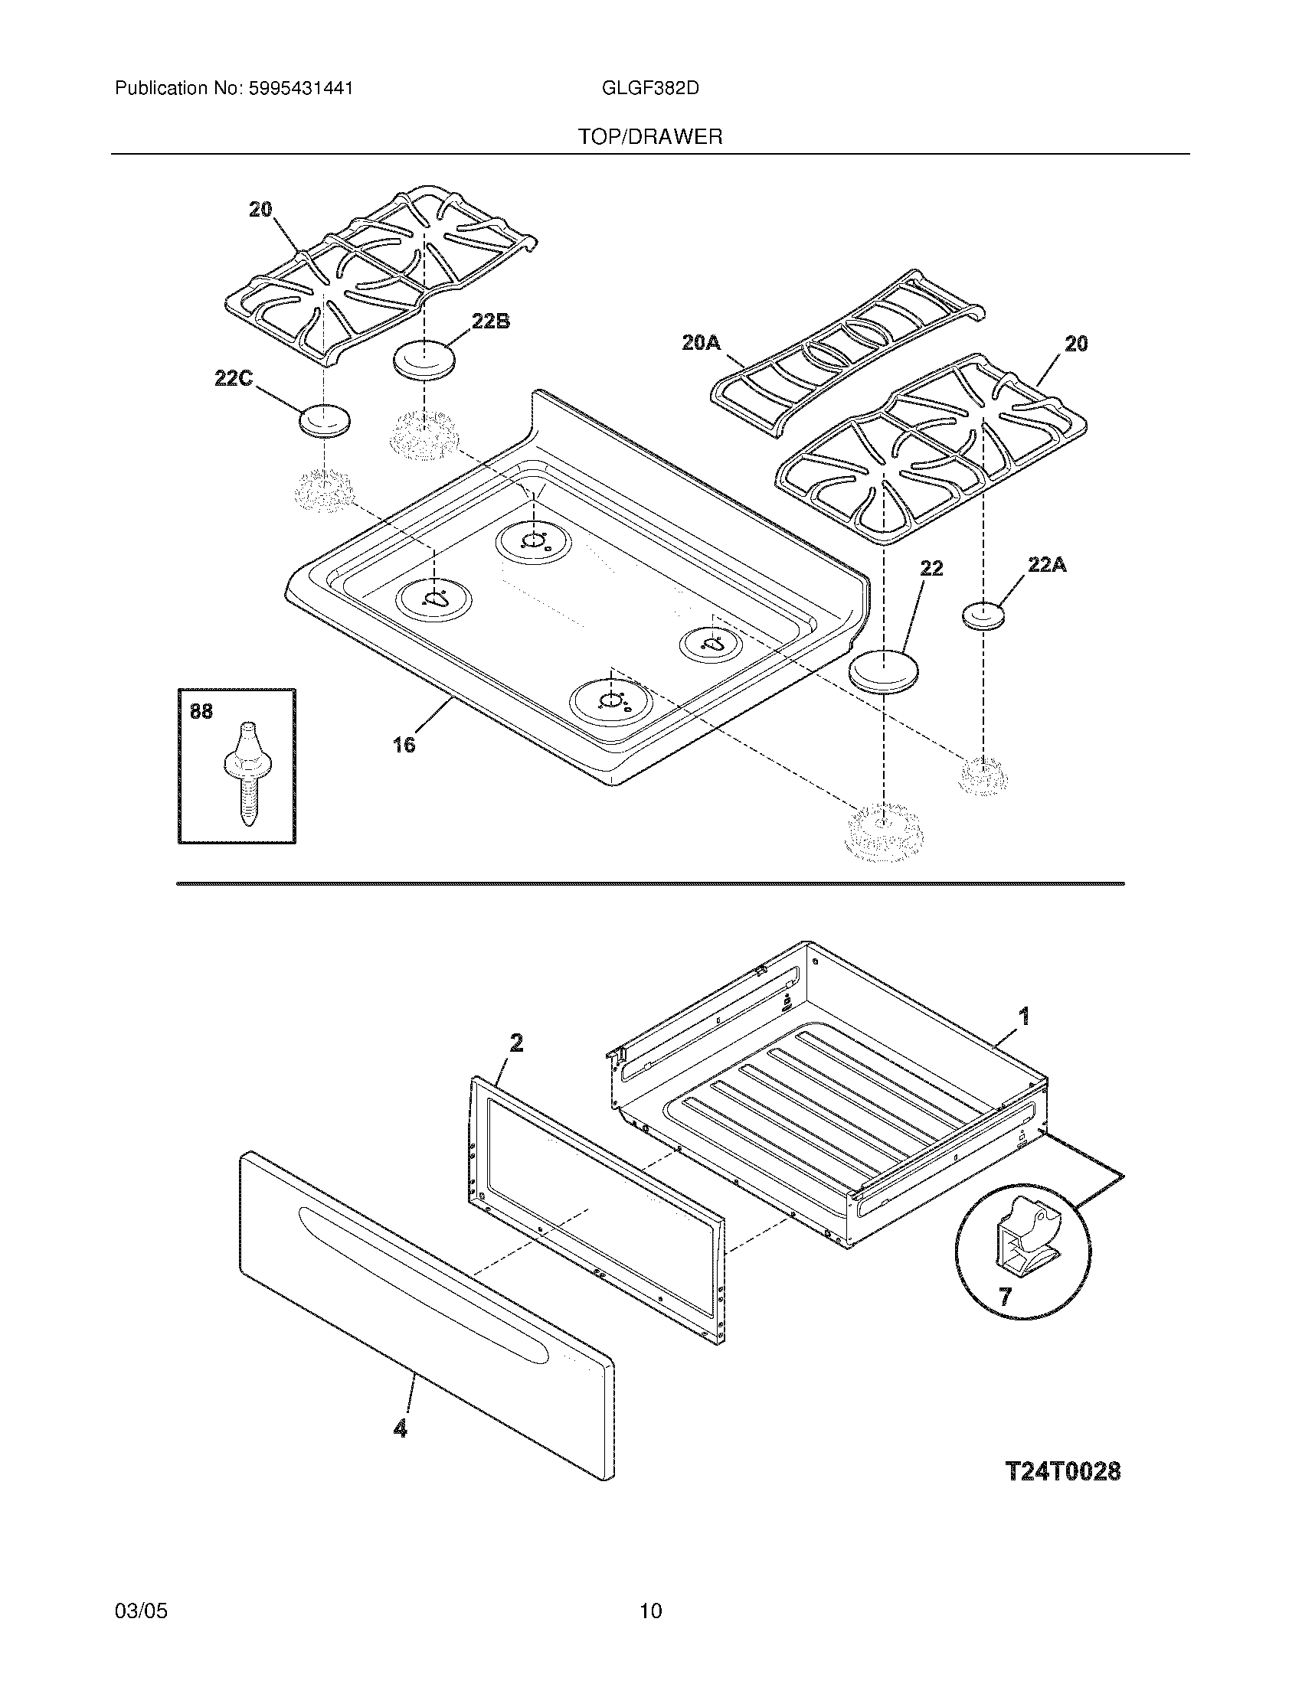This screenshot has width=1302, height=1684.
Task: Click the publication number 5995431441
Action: [301, 89]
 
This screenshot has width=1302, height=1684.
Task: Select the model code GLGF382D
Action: [649, 89]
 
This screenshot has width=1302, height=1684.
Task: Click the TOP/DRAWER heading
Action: [650, 137]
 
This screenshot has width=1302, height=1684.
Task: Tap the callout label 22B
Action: [491, 321]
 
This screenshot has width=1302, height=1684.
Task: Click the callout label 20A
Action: [701, 342]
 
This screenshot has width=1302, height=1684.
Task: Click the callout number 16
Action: [404, 744]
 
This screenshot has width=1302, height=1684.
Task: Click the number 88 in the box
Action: [201, 711]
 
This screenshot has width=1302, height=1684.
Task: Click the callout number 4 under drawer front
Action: [400, 1429]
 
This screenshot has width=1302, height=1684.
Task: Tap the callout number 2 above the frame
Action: [516, 1043]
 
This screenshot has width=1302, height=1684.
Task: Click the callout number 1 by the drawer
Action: [1023, 1017]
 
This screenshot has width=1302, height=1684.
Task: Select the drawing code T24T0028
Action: [1063, 1471]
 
